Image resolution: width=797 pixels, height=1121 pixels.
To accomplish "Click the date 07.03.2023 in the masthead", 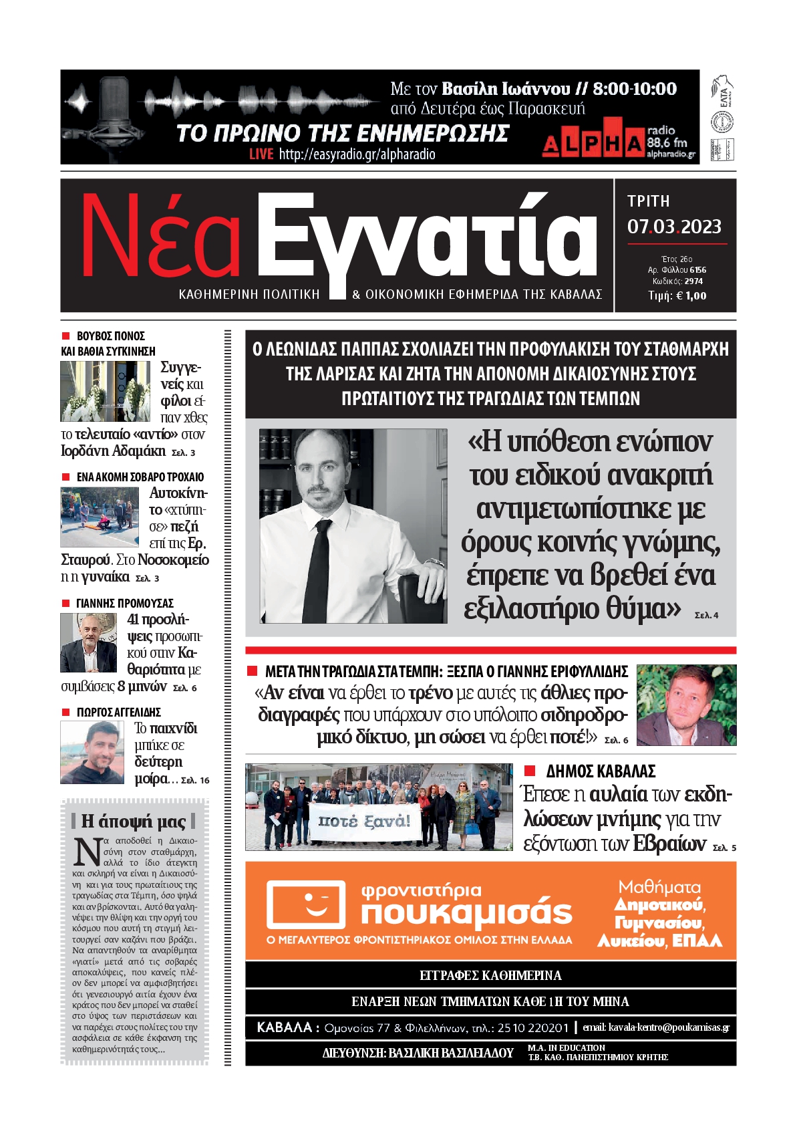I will point(673,227).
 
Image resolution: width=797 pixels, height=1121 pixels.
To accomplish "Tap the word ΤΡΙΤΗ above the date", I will point(648,201).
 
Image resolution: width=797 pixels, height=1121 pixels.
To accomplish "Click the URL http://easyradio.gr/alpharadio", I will point(357,154).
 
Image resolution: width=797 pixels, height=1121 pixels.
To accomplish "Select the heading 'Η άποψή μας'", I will point(134,821).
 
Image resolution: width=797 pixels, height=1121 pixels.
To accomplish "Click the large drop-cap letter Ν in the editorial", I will point(87,852).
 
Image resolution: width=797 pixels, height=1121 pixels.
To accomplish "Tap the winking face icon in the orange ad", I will point(307,904).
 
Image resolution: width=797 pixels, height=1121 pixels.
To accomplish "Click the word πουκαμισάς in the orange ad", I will point(466,913).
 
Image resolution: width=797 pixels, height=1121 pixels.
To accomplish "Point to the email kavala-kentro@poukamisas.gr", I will point(656,1027).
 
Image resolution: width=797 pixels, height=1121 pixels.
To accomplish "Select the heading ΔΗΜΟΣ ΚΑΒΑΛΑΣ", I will point(601,771).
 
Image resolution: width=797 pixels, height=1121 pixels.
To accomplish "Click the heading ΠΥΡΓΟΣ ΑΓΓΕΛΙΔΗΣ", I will point(118,713).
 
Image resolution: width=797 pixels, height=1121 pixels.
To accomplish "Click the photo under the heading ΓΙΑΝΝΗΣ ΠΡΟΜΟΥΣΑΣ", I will point(89,643).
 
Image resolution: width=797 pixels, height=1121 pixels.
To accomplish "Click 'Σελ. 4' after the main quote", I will point(706,615).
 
